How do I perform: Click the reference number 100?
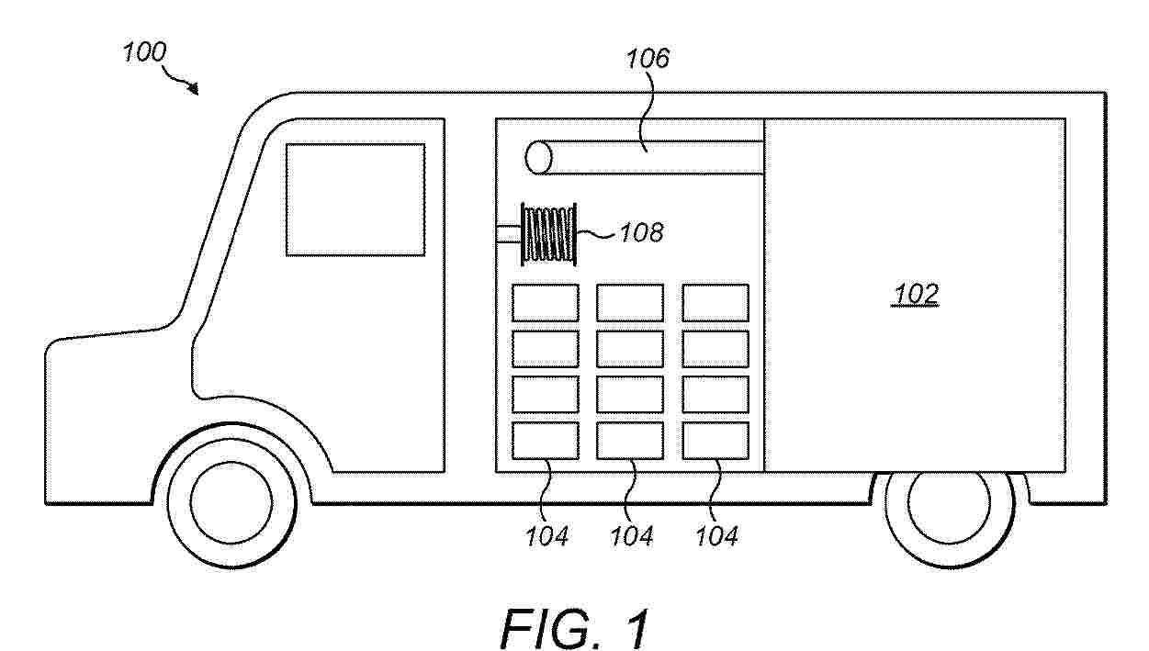(144, 52)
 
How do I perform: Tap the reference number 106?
(648, 60)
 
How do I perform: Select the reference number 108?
(641, 232)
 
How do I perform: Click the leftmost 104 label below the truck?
(548, 535)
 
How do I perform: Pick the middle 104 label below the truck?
(632, 535)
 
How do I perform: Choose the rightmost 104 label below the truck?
(716, 535)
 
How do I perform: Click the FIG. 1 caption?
(575, 627)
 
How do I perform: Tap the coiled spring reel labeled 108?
(549, 234)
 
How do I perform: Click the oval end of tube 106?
(538, 158)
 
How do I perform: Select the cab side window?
(355, 199)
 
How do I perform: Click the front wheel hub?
(231, 499)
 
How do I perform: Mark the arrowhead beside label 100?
(193, 88)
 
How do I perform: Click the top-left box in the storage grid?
(545, 302)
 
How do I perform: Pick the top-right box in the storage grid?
(715, 302)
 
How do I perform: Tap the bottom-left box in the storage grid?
(545, 441)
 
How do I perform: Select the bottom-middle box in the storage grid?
(630, 441)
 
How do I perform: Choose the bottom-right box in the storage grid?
(715, 441)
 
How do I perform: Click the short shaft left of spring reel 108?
(508, 234)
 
